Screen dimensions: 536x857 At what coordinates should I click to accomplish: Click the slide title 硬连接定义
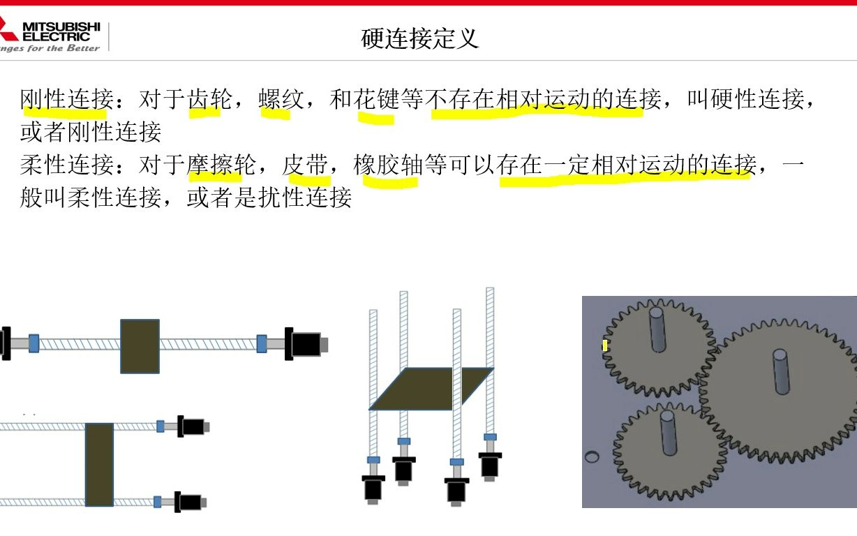point(420,38)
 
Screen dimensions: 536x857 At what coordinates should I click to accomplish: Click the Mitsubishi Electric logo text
point(61,31)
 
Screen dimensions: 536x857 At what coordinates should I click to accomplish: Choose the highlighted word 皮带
point(305,165)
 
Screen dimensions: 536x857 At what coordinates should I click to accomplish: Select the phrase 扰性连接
point(305,198)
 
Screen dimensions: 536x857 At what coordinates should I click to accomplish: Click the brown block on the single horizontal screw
point(140,345)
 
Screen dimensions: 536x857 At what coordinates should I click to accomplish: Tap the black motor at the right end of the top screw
point(306,344)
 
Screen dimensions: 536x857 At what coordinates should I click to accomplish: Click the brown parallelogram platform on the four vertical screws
point(431,389)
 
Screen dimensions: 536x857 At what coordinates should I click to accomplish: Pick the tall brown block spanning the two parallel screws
point(99,464)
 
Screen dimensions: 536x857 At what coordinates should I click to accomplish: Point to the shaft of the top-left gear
point(658,329)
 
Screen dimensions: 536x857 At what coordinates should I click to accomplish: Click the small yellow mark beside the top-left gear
point(605,345)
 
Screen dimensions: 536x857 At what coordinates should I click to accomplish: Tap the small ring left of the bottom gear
point(591,457)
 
